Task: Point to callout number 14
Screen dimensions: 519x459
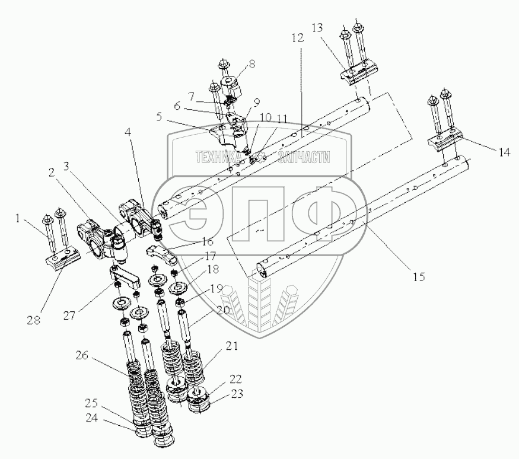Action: (x=504, y=152)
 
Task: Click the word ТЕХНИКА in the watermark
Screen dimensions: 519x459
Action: (x=218, y=157)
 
